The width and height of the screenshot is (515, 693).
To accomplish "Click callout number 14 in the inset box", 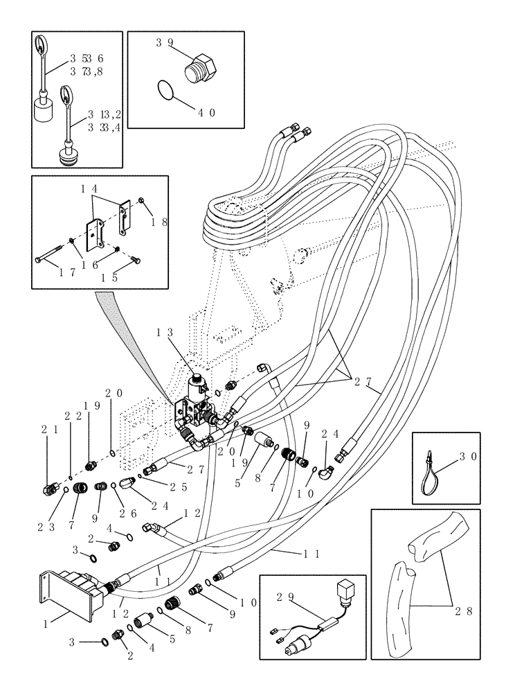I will [89, 188].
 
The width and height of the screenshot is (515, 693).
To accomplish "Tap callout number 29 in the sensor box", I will [284, 596].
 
